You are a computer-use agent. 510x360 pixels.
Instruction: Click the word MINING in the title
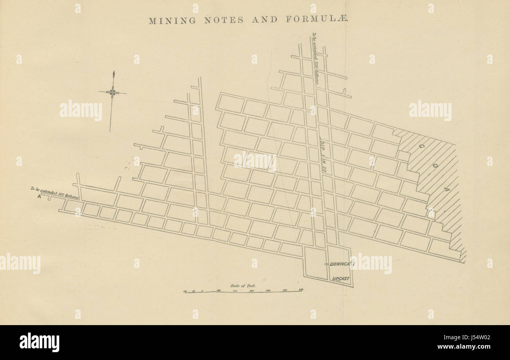click(172, 21)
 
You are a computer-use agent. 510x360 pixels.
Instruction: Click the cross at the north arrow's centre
click(113, 93)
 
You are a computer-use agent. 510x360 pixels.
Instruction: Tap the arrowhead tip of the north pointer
click(113, 72)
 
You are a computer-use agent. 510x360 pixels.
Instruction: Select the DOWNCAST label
click(342, 264)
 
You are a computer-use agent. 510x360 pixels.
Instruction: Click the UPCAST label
click(341, 279)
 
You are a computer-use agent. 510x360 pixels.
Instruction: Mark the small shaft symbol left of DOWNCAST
click(326, 264)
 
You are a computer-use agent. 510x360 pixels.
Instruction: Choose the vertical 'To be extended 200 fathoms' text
click(315, 59)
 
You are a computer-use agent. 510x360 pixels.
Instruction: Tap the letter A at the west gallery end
click(39, 197)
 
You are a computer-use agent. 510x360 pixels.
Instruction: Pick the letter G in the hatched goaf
click(421, 146)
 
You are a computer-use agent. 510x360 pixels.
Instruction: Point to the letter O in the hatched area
click(435, 166)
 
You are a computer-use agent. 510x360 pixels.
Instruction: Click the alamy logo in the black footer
click(39, 342)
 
